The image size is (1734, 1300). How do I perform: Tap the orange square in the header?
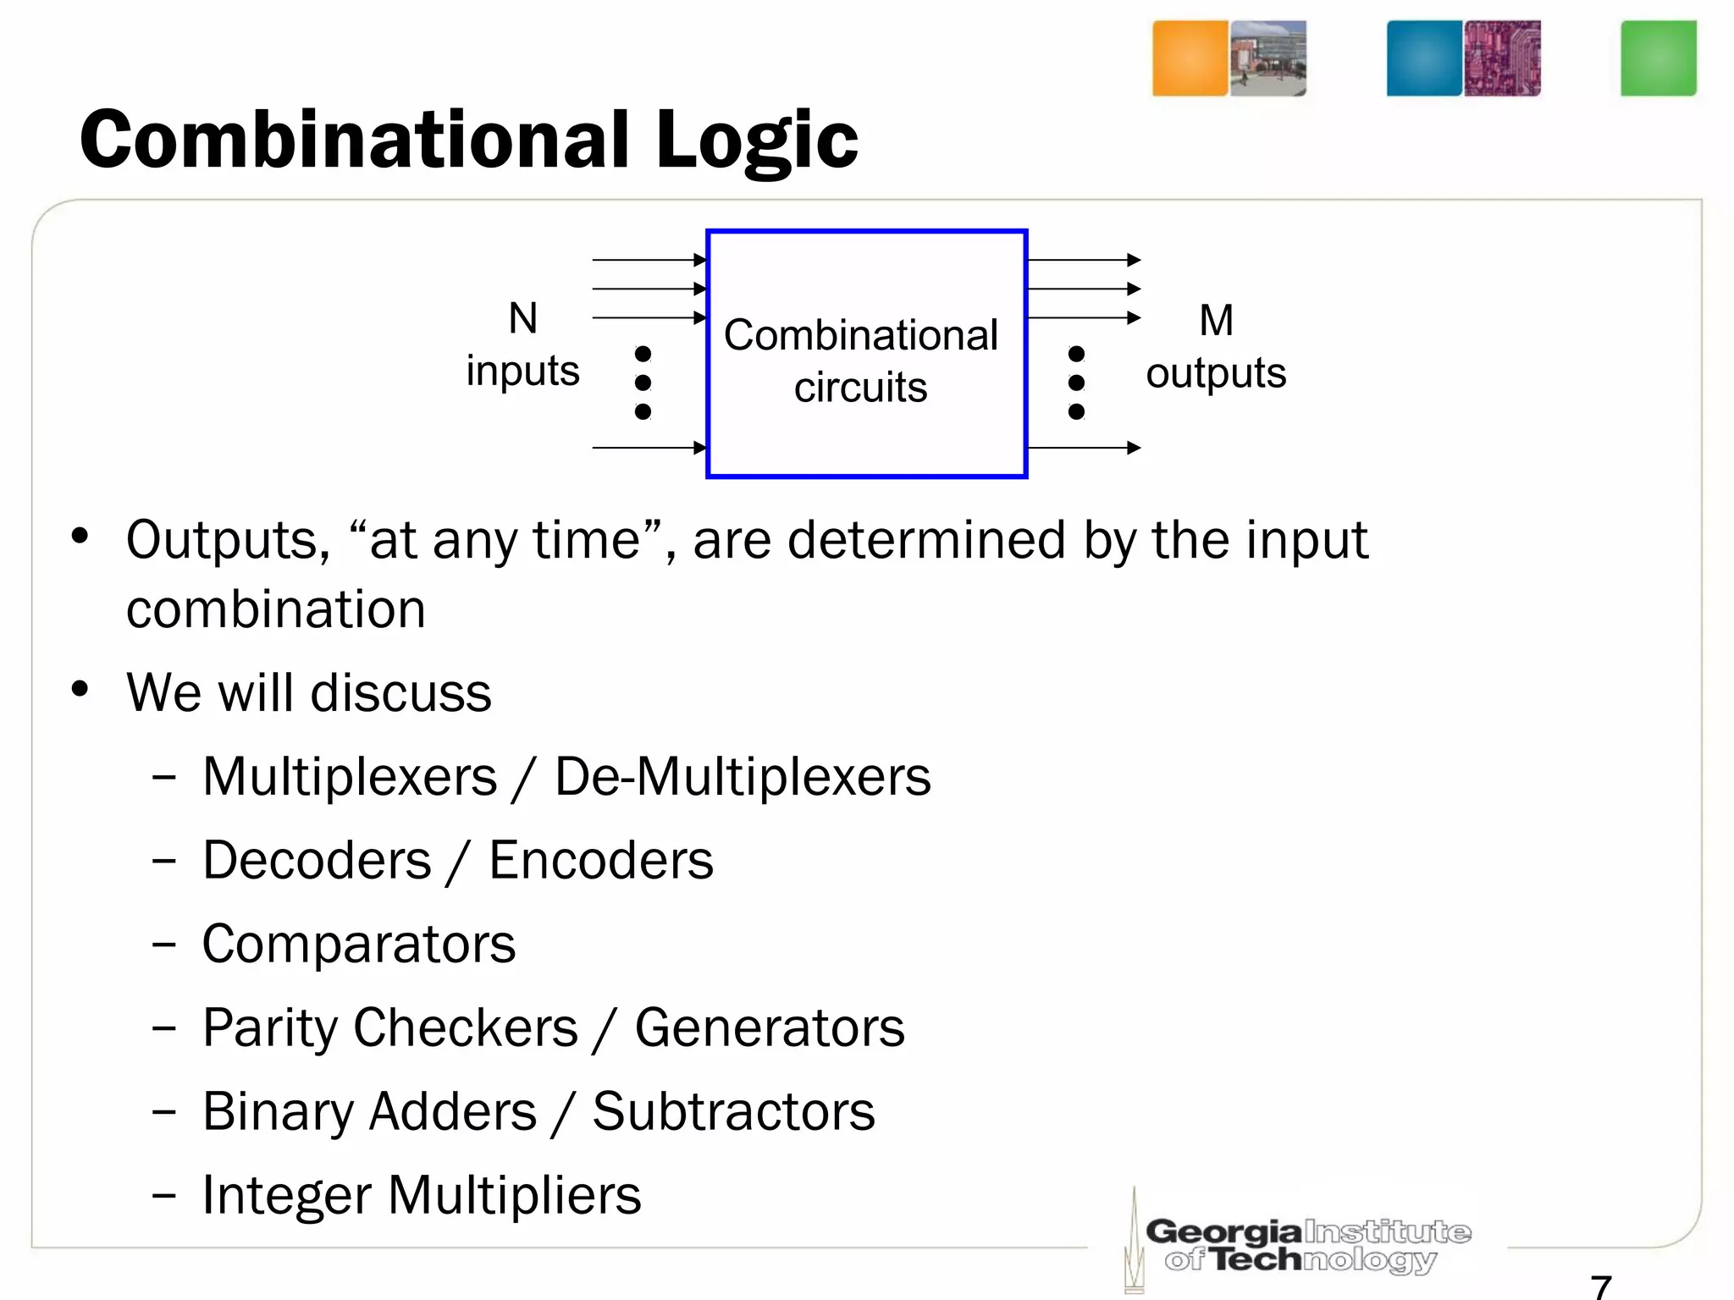[x=1190, y=58]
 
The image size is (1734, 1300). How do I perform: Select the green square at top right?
[x=1658, y=58]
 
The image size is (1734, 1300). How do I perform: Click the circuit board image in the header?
[x=1502, y=58]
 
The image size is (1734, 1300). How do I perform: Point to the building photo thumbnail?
[x=1267, y=58]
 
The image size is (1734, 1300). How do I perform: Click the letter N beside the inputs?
[x=522, y=319]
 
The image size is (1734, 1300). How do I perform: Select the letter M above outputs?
[x=1216, y=321]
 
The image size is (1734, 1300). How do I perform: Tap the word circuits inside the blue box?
[x=860, y=388]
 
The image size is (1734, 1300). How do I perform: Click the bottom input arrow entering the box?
[x=649, y=448]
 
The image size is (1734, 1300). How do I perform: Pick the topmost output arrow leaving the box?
[x=1084, y=260]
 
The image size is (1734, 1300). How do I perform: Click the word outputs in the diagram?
[x=1216, y=373]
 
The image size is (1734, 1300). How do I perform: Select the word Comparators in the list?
[x=359, y=945]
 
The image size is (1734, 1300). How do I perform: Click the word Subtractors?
[x=733, y=1111]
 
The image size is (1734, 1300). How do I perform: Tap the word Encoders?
[x=601, y=861]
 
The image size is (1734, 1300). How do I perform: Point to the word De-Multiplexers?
[x=743, y=777]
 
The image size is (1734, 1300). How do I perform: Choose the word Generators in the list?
[x=770, y=1028]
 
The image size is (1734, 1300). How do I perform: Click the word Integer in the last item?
[x=287, y=1195]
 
